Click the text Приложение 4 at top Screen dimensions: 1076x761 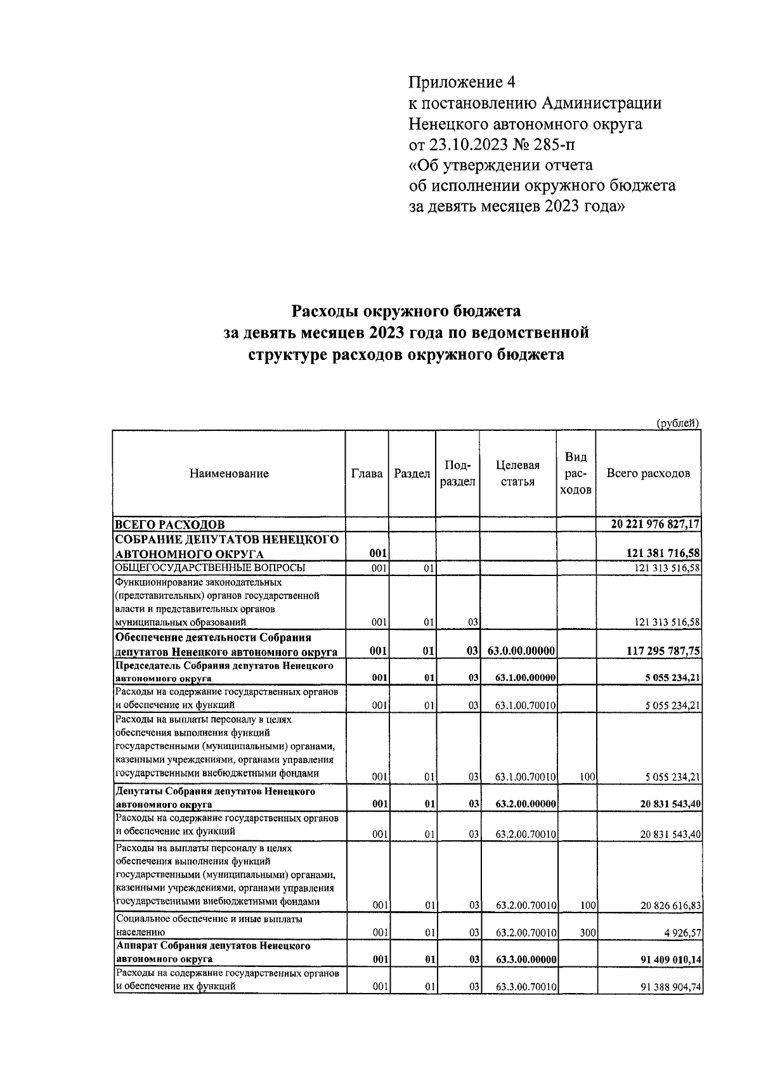pyautogui.click(x=463, y=82)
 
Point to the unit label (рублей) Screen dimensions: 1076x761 pyautogui.click(x=678, y=423)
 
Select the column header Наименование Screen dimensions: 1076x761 pyautogui.click(x=229, y=473)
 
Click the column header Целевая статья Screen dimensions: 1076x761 pyautogui.click(x=517, y=473)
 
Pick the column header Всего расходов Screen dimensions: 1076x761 pyautogui.click(x=648, y=473)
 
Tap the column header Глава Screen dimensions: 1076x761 pyautogui.click(x=367, y=473)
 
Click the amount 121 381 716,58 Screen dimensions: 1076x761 pyautogui.click(x=663, y=554)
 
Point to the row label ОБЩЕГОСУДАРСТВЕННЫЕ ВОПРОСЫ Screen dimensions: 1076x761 pyautogui.click(x=210, y=567)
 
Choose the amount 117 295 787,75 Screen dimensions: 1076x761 pyautogui.click(x=663, y=651)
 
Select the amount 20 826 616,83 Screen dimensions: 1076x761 pyautogui.click(x=670, y=906)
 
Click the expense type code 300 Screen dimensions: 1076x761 pyautogui.click(x=587, y=932)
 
